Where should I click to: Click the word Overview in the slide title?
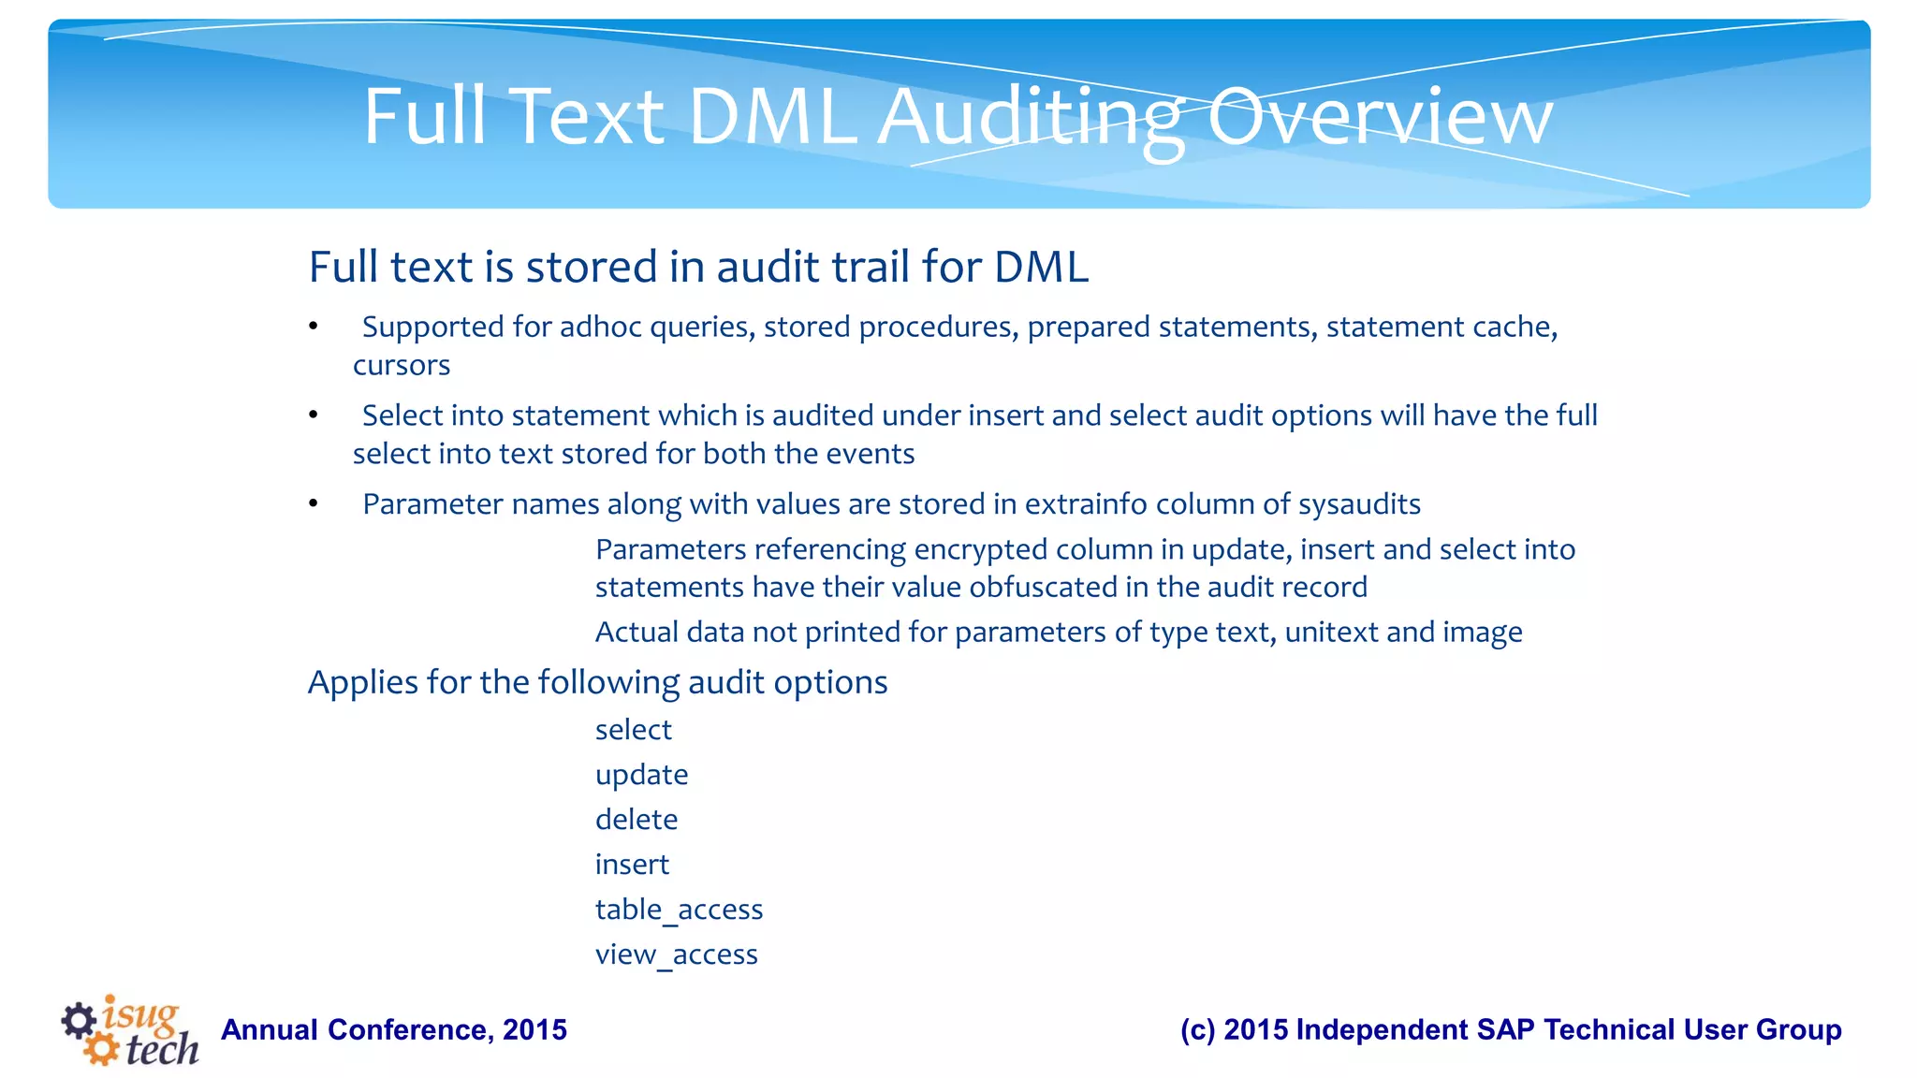[x=1380, y=117]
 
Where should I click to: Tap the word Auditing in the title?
[x=1031, y=119]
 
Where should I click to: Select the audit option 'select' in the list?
[x=633, y=730]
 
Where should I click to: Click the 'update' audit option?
[x=641, y=775]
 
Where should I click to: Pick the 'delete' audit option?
[x=636, y=820]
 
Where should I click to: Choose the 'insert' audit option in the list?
[x=632, y=865]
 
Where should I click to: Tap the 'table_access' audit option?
[x=679, y=910]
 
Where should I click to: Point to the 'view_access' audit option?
[x=676, y=954]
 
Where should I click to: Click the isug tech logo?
[x=130, y=1029]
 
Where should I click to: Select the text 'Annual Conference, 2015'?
[x=394, y=1030]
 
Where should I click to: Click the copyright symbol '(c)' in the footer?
[x=1197, y=1030]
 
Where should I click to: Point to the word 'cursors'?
[x=401, y=365]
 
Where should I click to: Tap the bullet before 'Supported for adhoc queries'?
[x=314, y=327]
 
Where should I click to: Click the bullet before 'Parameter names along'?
[x=314, y=504]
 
